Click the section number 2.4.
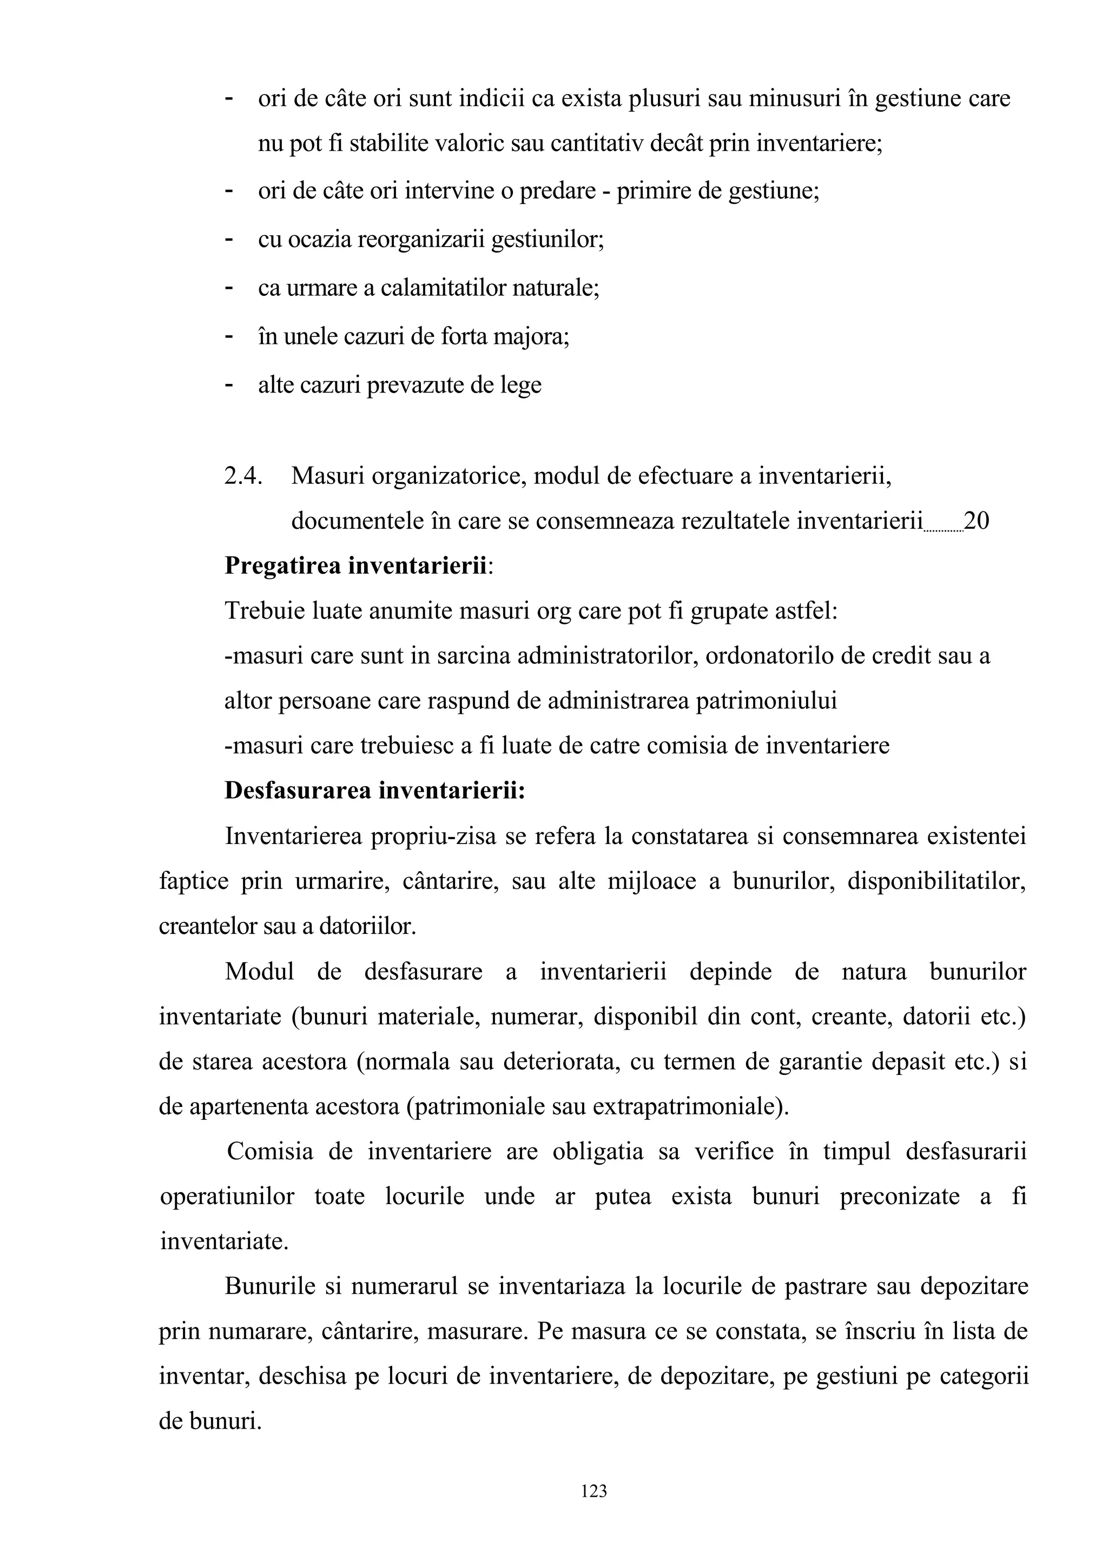[x=243, y=476]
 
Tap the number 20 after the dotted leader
[x=976, y=521]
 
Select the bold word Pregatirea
[x=283, y=566]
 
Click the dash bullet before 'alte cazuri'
[x=229, y=386]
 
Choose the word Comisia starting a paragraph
[x=269, y=1151]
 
